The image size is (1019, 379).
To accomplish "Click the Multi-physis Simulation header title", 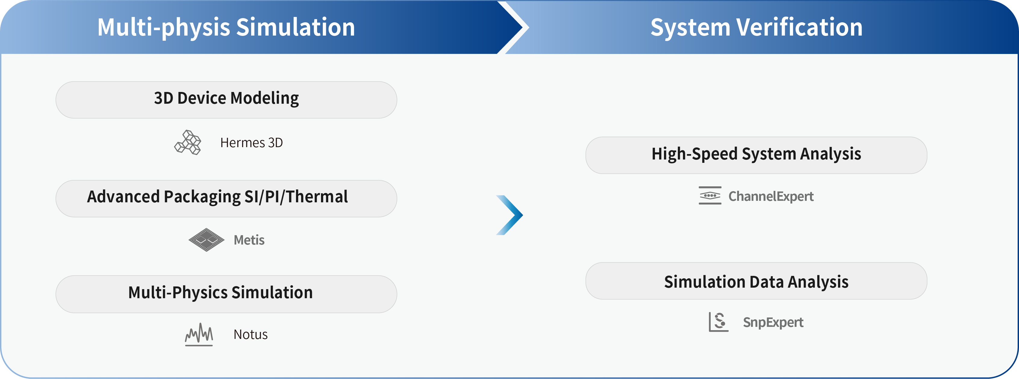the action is click(226, 27).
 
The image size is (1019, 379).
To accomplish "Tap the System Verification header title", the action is click(756, 27).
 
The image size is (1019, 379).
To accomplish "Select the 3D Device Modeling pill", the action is click(226, 100).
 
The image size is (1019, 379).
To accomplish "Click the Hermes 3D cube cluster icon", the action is click(188, 143).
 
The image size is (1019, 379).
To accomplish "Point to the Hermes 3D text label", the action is click(251, 143).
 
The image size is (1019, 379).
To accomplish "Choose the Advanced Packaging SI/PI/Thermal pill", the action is click(226, 198).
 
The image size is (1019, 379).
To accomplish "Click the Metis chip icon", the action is click(207, 240).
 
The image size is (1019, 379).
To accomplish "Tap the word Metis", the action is click(249, 240).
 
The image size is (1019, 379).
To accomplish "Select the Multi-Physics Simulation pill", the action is click(226, 294).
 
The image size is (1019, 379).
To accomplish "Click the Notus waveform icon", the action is click(199, 335).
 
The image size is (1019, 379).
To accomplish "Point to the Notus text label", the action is click(251, 335).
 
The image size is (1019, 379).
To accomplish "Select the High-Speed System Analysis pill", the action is click(756, 155).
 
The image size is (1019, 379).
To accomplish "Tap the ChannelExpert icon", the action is click(710, 196).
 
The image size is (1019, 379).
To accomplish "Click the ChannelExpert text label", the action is click(771, 196).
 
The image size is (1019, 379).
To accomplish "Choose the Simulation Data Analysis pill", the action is click(756, 281).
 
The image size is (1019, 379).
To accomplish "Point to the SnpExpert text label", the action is click(773, 322).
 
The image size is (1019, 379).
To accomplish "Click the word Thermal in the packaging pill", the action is click(317, 197).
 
